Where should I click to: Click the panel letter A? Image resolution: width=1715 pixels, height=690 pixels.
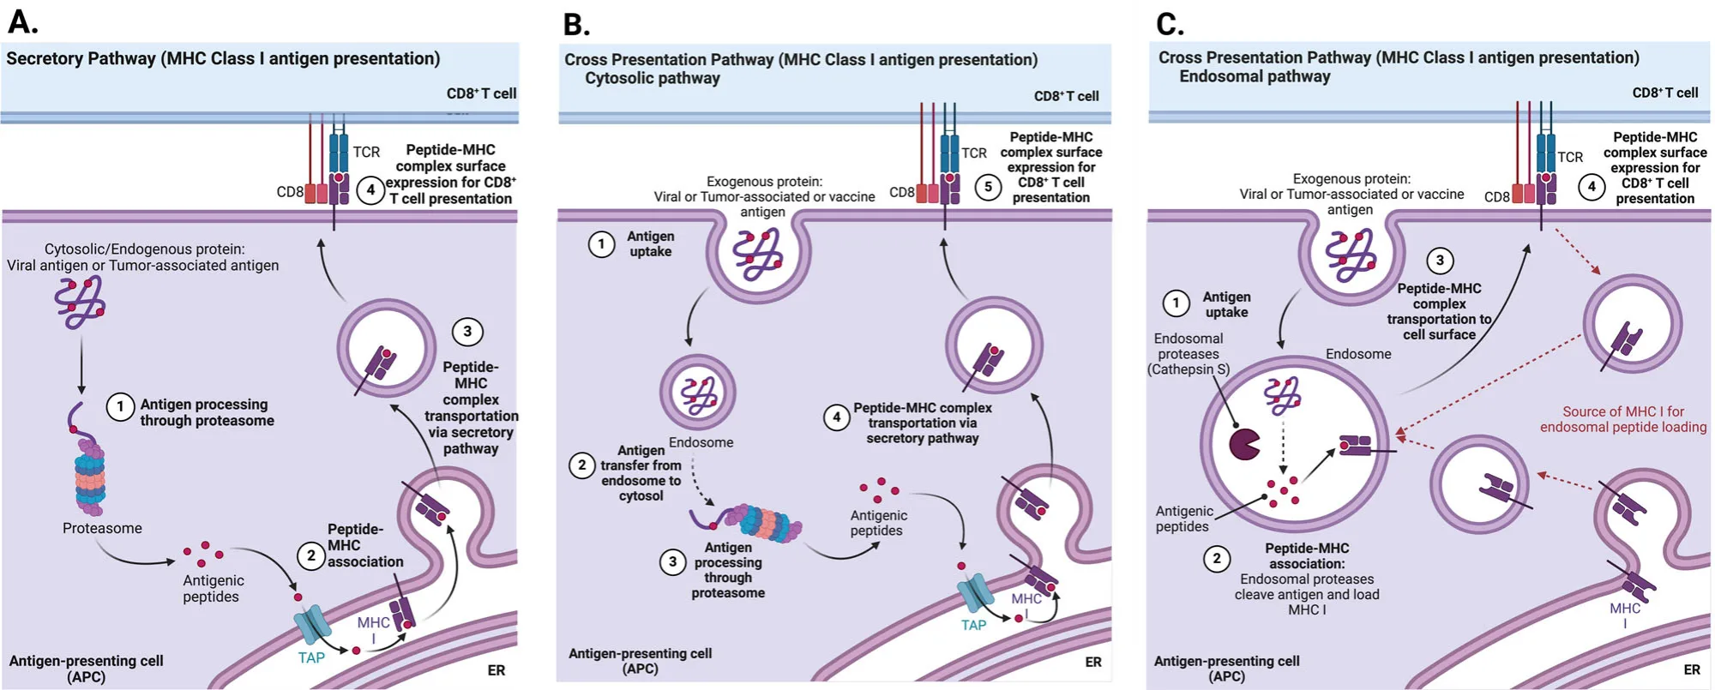pos(22,21)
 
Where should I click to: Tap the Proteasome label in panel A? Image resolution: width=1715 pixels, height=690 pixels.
pos(102,528)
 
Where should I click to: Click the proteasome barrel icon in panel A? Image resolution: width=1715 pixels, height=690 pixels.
pos(89,477)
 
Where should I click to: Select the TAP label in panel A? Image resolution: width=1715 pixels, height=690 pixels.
pos(311,657)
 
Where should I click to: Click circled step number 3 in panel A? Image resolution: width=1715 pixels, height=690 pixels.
pos(467,332)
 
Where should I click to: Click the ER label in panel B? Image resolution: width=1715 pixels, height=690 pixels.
pos(1093,662)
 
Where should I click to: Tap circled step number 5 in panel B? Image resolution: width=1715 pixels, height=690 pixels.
pos(988,187)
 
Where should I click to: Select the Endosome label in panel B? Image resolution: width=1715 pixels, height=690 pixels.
pos(701,442)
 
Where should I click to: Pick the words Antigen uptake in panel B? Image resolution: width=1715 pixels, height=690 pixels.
pos(650,243)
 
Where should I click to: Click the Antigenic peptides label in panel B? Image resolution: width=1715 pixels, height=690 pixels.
pos(878,523)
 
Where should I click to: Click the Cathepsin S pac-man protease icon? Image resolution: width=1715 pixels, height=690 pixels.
pos(1244,444)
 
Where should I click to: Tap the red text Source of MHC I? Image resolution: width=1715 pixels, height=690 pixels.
pos(1622,419)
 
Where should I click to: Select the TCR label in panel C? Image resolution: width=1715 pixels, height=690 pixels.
pos(1570,157)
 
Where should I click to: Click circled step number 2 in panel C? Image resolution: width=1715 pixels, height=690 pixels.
pos(1216,559)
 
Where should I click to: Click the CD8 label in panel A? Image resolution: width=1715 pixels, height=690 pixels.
pos(290,192)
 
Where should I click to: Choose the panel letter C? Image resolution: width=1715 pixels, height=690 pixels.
pos(1170,23)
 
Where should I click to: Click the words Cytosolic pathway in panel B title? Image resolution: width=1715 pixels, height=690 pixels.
pos(652,78)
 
